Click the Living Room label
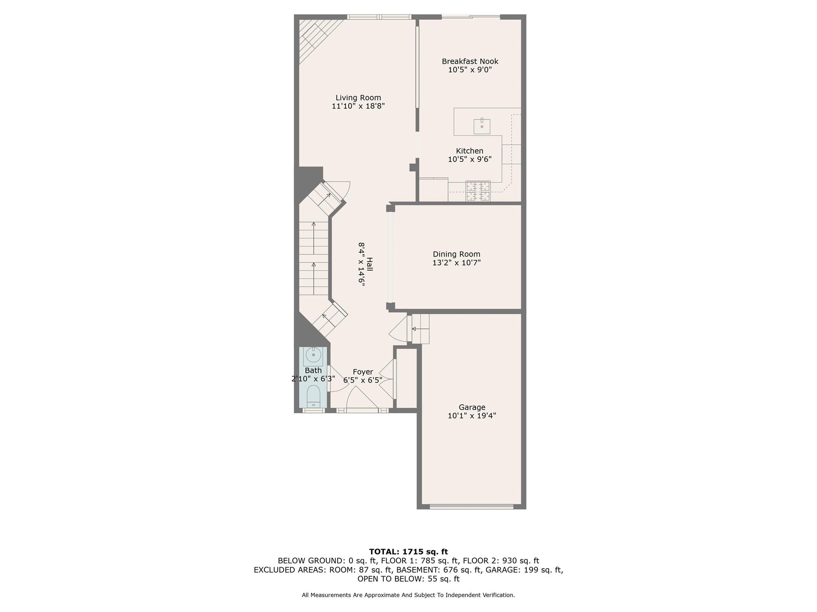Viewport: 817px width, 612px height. click(x=358, y=98)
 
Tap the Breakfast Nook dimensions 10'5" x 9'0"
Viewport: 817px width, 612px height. click(x=470, y=70)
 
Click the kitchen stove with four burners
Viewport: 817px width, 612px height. click(x=478, y=191)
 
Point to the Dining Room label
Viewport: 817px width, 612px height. click(x=456, y=254)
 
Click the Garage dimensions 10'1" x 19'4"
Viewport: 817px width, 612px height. click(x=472, y=416)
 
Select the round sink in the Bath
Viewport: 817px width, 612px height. click(x=314, y=355)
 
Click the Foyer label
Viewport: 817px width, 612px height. click(x=363, y=372)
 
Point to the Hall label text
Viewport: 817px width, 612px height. click(x=370, y=264)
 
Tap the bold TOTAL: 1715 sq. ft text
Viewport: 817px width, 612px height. click(x=408, y=551)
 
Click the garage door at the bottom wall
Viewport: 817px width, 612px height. click(x=471, y=506)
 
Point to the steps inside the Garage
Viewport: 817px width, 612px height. click(x=420, y=329)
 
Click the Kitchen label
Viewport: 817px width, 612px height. click(x=470, y=151)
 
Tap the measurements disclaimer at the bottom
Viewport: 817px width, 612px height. click(x=408, y=595)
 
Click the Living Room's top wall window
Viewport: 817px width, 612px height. click(x=379, y=17)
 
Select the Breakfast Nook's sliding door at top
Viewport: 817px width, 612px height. click(x=470, y=17)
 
